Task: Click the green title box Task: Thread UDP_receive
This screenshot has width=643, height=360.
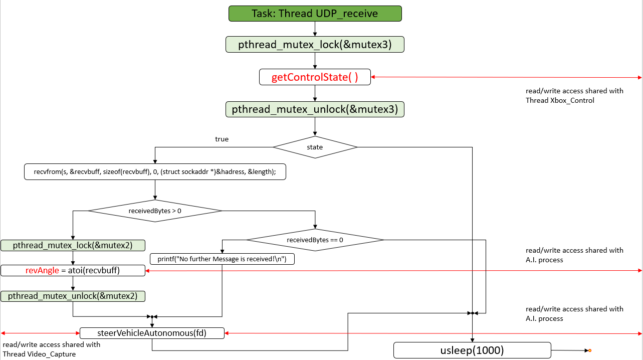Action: pyautogui.click(x=315, y=14)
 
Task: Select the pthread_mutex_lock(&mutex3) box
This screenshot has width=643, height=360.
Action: pyautogui.click(x=315, y=45)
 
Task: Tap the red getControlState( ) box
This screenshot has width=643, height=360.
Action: pyautogui.click(x=315, y=77)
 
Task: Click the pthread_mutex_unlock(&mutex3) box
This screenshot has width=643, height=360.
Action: pyautogui.click(x=315, y=109)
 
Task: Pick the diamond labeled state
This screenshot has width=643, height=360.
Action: pyautogui.click(x=315, y=147)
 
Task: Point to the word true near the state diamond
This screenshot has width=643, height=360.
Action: pyautogui.click(x=222, y=139)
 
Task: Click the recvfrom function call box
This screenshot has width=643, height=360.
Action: pyautogui.click(x=155, y=171)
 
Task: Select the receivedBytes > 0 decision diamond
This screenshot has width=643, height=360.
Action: pyautogui.click(x=155, y=211)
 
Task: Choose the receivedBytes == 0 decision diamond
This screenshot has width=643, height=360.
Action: pyautogui.click(x=315, y=240)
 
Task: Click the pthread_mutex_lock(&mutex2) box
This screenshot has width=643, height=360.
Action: pyautogui.click(x=73, y=245)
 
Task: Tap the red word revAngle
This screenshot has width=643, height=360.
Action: pyautogui.click(x=42, y=271)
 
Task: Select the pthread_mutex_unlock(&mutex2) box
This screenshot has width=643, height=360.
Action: pyautogui.click(x=73, y=296)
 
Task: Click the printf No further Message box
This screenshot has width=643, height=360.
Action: pyautogui.click(x=222, y=259)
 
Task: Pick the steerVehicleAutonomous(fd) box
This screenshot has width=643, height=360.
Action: pyautogui.click(x=152, y=332)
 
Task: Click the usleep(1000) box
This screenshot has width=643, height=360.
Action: pyautogui.click(x=472, y=350)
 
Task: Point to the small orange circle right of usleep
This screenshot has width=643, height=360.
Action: pyautogui.click(x=590, y=350)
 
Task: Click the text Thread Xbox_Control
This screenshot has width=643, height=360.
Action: pyautogui.click(x=560, y=100)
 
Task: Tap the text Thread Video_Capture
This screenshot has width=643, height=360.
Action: pyautogui.click(x=39, y=354)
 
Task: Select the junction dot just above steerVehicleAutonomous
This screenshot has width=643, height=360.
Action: pyautogui.click(x=152, y=317)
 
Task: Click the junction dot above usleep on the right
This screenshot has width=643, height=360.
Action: pyautogui.click(x=472, y=313)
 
